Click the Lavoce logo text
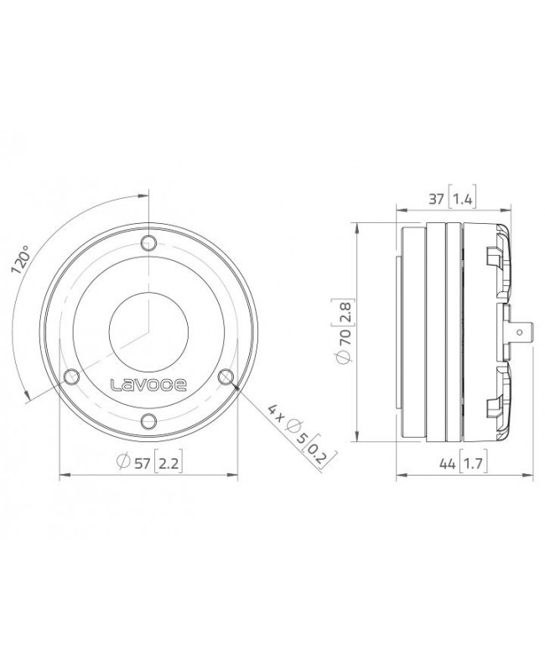tap(149, 385)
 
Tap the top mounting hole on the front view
tap(148, 244)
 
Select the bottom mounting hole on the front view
tap(148, 421)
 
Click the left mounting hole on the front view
tap(71, 377)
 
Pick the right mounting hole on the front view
tap(226, 377)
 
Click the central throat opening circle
tap(148, 332)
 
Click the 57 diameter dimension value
tap(143, 460)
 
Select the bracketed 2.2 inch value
tap(168, 460)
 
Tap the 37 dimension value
tap(437, 199)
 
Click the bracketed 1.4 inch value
tap(463, 199)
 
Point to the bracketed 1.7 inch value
tap(470, 460)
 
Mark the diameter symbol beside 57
tap(122, 460)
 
